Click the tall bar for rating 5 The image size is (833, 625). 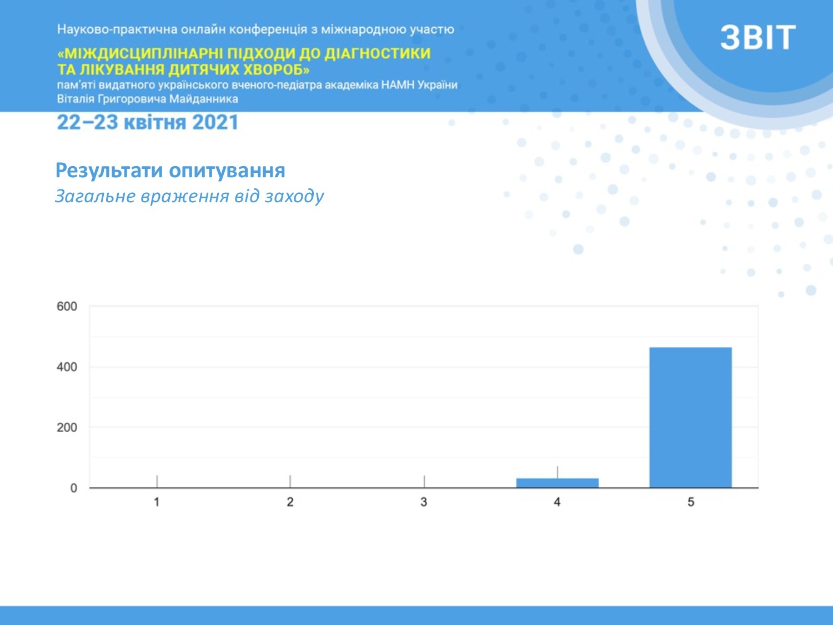point(690,417)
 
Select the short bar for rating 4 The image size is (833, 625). point(557,483)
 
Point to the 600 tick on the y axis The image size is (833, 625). point(67,306)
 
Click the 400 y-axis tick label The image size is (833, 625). point(67,367)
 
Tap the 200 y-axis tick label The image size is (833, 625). point(67,428)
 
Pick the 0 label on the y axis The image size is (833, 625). point(74,488)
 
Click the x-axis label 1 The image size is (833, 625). point(157,502)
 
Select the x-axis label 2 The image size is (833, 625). point(290,502)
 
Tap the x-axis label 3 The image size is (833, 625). point(424,502)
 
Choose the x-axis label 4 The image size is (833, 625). point(557,502)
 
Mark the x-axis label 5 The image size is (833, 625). point(691,502)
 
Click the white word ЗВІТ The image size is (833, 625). point(758,38)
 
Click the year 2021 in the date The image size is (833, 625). point(215,122)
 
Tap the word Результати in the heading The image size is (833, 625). point(109,171)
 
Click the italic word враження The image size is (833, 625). point(184,197)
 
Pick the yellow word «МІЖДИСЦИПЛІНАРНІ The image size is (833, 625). point(139,53)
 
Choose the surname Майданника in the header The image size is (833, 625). point(203,99)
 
